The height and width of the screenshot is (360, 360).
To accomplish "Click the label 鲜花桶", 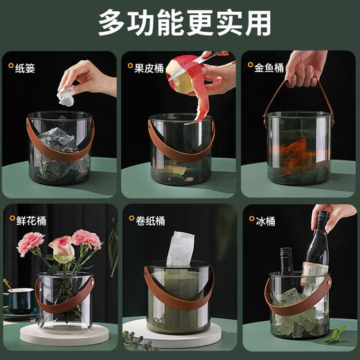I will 32,220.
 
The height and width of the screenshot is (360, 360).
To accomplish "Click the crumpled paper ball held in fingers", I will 66,96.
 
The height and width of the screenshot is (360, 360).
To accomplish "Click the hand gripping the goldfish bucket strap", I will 305,66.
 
